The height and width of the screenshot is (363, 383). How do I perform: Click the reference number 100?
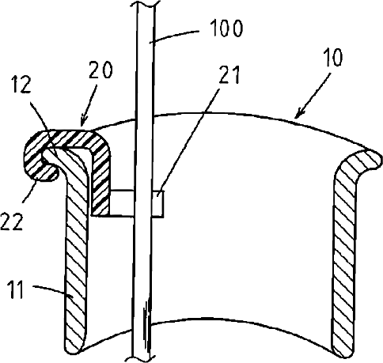pos(226,28)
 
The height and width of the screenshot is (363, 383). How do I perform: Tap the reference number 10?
pos(334,57)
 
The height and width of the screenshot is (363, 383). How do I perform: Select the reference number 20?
pos(100,70)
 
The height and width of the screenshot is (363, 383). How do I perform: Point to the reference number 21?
pos(229,74)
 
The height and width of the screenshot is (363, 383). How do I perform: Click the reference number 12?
pos(21,85)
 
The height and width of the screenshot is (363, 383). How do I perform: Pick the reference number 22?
pos(11,222)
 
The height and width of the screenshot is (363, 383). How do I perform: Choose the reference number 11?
pos(16,289)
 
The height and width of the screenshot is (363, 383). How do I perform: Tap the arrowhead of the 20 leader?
pos(82,122)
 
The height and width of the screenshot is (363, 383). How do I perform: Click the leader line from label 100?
pos(173,36)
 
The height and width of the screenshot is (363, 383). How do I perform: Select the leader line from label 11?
pos(53,291)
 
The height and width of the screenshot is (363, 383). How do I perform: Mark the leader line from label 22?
pos(29,191)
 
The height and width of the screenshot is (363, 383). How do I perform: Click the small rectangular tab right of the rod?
pos(157,203)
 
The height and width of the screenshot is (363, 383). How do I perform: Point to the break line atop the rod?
pos(146,4)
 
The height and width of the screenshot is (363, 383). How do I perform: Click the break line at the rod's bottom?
pos(141,358)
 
